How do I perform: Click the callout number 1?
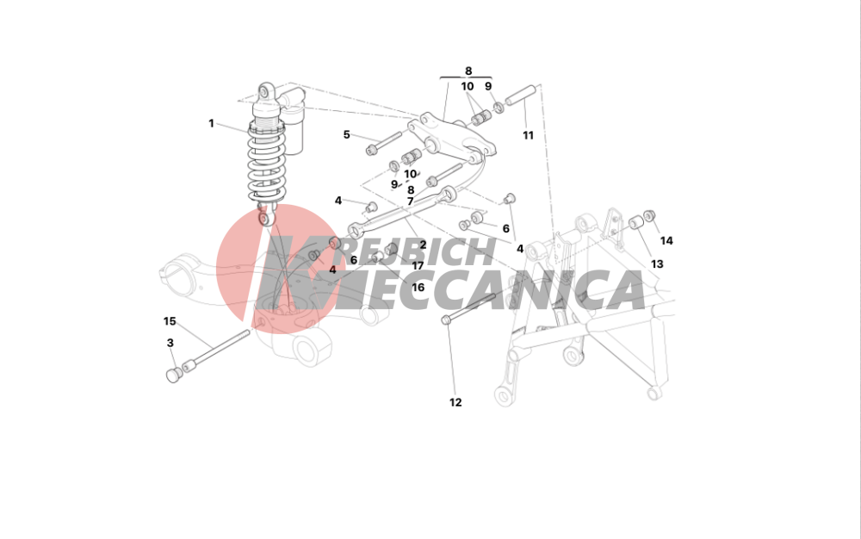click(x=211, y=123)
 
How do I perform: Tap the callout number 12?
click(x=455, y=402)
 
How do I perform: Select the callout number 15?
click(x=170, y=321)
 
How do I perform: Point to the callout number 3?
click(x=170, y=343)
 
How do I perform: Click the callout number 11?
click(x=528, y=135)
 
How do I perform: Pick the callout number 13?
click(x=657, y=264)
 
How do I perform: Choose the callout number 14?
click(x=666, y=240)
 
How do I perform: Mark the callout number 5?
click(x=346, y=134)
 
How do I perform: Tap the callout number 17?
click(x=418, y=266)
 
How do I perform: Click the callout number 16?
click(x=418, y=287)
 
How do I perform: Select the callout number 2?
click(x=423, y=245)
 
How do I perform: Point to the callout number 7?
click(x=410, y=201)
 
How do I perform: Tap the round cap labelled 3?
click(x=174, y=375)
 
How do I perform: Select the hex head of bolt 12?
click(x=446, y=319)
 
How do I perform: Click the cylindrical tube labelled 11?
click(x=521, y=94)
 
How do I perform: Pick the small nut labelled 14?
click(x=649, y=216)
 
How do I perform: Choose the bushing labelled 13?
click(x=636, y=222)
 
